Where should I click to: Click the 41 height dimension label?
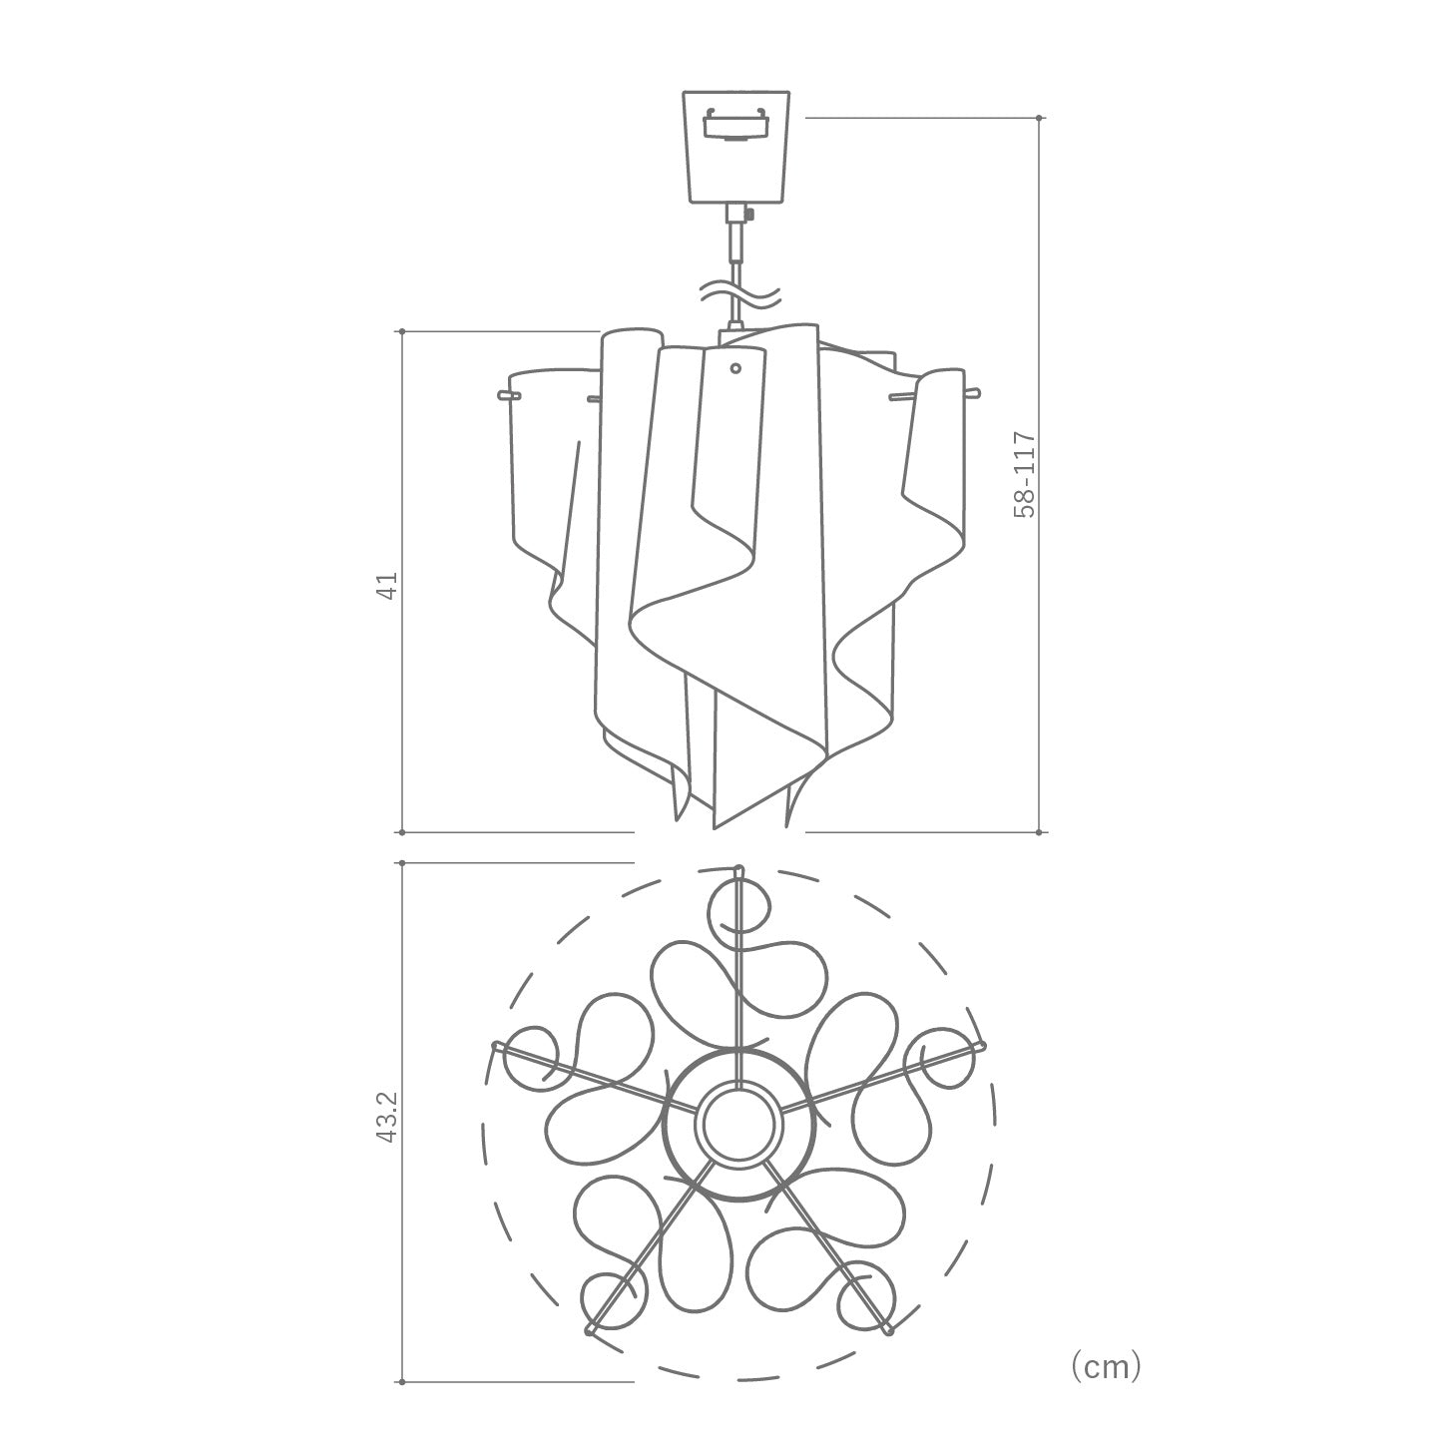[391, 584]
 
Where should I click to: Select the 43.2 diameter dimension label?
[390, 1117]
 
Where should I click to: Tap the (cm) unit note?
[1105, 1366]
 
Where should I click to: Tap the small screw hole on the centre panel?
[735, 368]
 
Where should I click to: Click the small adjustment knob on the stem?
[749, 213]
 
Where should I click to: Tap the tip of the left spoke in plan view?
[495, 1045]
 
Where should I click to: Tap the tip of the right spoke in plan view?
[980, 1045]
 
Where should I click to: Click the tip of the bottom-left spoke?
[588, 1331]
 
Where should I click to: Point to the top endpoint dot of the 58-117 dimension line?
[1040, 118]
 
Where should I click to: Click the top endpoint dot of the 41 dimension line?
[401, 330]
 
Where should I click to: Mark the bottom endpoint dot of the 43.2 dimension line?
[401, 1382]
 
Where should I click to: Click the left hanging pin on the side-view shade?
[508, 396]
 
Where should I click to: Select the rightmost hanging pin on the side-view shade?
[973, 392]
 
